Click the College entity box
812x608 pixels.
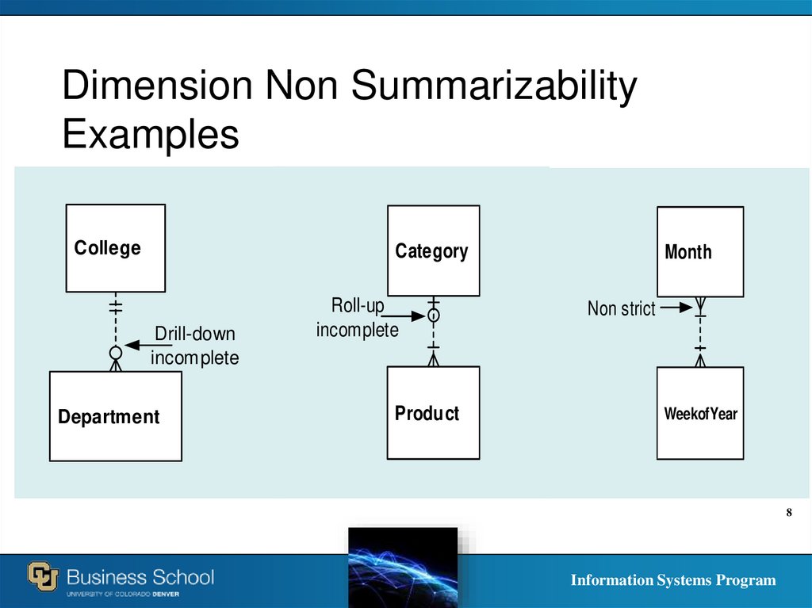116,248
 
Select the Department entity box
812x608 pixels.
116,416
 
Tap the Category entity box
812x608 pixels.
433,250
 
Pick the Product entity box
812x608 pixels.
433,412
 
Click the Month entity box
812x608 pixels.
700,251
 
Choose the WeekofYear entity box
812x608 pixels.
700,413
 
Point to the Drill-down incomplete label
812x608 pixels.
194,346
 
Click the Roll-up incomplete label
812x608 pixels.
357,318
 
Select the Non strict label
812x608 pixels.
621,308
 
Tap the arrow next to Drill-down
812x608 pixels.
138,345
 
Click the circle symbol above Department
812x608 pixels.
116,352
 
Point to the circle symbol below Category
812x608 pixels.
434,315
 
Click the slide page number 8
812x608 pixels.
789,513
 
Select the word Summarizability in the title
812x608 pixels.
494,86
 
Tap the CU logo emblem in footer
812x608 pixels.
44,575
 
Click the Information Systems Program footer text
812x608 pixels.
673,580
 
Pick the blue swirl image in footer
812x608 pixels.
403,567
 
